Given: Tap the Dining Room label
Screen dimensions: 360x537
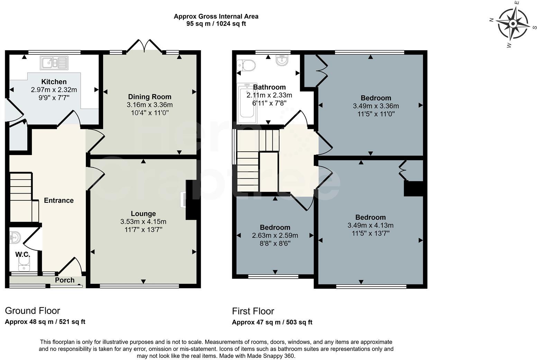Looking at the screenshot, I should [149, 97].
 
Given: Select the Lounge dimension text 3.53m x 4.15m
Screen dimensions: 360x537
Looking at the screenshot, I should [143, 222].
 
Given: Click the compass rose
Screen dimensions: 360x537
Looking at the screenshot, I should [513, 24].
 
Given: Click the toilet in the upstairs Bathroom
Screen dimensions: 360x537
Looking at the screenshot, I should [246, 65].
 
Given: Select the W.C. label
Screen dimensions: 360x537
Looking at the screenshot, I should [22, 254].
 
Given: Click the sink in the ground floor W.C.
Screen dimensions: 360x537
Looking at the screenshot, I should [16, 238].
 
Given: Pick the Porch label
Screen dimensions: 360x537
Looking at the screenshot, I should [65, 280].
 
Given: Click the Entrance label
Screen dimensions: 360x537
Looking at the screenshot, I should [58, 200].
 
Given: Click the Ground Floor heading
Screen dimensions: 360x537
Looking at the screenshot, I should [32, 310].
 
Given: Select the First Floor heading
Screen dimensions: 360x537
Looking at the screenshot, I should [253, 311].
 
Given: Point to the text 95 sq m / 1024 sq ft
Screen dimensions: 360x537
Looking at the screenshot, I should [216, 24].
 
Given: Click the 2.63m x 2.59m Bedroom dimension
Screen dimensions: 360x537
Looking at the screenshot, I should [275, 235].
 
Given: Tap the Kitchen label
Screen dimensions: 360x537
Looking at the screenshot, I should [54, 82].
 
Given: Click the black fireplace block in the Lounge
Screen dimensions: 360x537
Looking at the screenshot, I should [192, 200].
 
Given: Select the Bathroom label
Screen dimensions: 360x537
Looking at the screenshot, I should [269, 87].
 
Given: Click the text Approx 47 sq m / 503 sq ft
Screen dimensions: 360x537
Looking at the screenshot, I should [272, 322].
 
